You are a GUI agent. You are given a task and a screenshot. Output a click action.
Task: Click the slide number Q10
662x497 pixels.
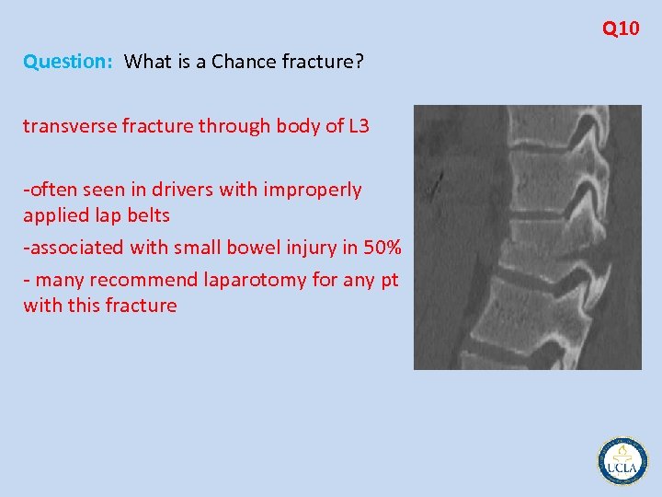621,29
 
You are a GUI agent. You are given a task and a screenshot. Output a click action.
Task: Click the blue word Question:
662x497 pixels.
68,63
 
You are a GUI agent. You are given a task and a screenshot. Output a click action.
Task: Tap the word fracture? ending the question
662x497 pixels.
327,62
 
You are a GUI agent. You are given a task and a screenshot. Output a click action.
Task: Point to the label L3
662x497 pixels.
358,126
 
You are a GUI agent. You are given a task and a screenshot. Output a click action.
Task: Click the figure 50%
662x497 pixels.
380,248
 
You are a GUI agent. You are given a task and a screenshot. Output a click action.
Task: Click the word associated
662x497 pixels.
77,248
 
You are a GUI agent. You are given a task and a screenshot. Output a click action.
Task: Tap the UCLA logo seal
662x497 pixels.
622,460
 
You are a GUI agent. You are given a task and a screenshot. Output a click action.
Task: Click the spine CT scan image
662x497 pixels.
527,237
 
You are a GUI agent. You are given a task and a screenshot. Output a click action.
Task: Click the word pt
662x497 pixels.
389,280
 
